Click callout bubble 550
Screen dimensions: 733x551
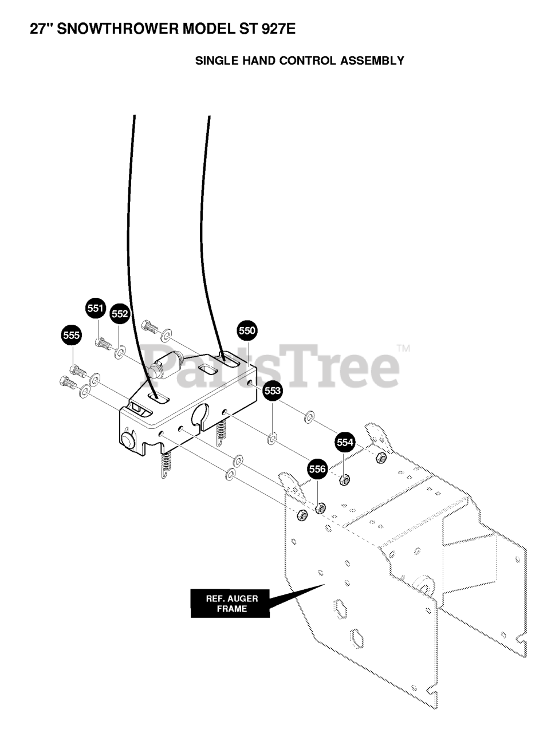coord(247,330)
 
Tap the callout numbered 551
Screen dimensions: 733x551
coord(95,309)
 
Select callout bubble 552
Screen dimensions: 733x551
coord(120,314)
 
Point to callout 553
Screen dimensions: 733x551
coord(273,391)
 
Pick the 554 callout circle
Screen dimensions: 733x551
coord(345,442)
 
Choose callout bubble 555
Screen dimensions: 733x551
coord(71,336)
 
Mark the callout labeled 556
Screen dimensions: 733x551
coord(317,470)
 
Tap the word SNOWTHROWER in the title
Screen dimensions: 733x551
coord(118,29)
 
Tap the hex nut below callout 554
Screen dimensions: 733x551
coord(345,479)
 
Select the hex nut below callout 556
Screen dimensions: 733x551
coord(321,507)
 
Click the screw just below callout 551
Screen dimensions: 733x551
coord(103,343)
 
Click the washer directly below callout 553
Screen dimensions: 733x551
coord(273,439)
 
